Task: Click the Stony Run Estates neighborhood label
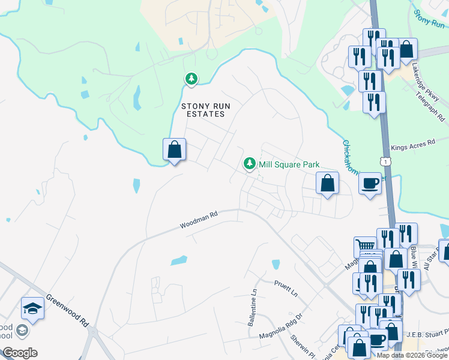pyautogui.click(x=203, y=110)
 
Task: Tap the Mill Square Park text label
pyautogui.click(x=289, y=164)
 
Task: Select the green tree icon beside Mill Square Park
pyautogui.click(x=249, y=163)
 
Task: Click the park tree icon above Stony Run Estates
pyautogui.click(x=191, y=79)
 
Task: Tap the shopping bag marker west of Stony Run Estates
pyautogui.click(x=174, y=149)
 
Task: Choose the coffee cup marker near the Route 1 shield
pyautogui.click(x=370, y=183)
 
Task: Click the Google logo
pyautogui.click(x=20, y=353)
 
